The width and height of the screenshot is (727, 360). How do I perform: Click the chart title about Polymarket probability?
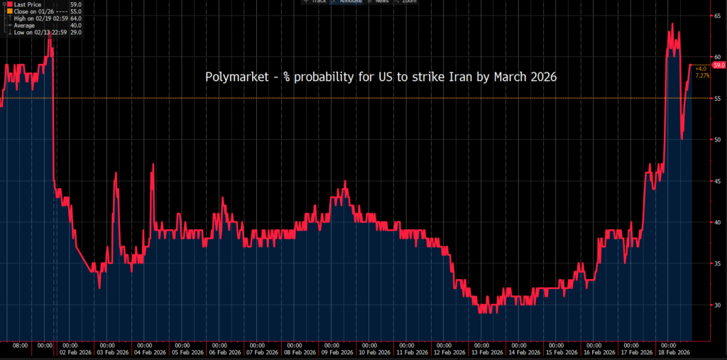380,77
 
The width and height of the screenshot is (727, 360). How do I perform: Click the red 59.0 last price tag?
718,65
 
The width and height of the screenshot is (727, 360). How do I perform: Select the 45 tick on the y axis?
718,180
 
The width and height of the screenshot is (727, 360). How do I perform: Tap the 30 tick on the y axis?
718,305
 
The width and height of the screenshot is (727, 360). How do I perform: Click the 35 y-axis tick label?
718,263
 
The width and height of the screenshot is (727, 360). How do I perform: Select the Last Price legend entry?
28,4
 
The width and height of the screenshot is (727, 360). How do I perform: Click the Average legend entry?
25,26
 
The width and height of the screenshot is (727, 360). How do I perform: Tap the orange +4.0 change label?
701,68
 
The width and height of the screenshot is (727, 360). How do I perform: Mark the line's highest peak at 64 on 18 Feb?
672,24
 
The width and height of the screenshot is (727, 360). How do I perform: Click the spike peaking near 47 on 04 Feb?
153,165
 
